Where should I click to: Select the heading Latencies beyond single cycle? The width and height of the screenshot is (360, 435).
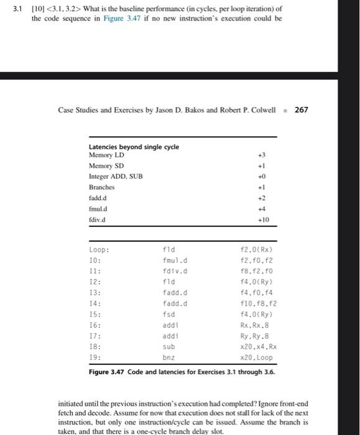coord(134,147)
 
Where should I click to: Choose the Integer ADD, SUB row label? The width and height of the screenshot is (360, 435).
coord(116,176)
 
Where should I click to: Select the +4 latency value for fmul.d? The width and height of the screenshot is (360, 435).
coord(263,209)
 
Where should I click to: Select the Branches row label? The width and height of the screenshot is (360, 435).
coord(102,187)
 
